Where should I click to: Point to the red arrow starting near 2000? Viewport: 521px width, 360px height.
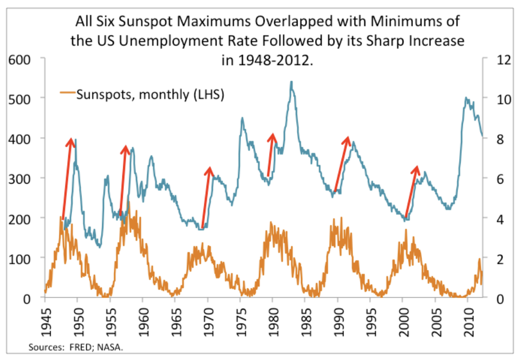coord(411,193)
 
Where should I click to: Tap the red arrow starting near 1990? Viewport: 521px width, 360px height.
coord(342,164)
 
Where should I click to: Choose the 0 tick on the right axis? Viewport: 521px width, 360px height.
coord(499,298)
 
